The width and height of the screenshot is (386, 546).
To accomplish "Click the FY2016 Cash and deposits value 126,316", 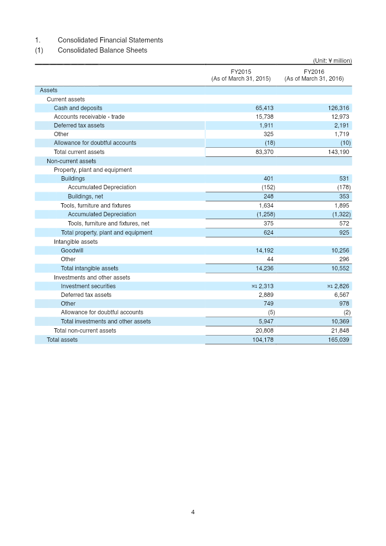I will click(338, 108).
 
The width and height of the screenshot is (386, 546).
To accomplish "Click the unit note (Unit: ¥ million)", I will click(332, 61).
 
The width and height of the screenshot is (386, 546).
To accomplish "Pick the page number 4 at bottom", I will click(193, 512).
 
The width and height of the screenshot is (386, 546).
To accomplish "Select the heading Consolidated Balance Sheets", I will click(102, 50).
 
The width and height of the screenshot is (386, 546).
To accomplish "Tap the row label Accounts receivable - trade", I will click(89, 117).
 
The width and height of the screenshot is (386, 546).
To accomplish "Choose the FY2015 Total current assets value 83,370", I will click(264, 152).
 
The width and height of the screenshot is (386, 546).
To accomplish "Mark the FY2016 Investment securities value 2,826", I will click(342, 286).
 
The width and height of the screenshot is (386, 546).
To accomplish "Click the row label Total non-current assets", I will click(85, 331).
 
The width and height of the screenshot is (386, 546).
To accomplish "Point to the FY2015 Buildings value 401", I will click(268, 179).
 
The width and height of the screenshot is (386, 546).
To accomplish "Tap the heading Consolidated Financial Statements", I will click(110, 40).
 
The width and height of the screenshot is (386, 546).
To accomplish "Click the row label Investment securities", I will click(88, 286).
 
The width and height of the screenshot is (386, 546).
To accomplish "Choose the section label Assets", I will click(48, 90).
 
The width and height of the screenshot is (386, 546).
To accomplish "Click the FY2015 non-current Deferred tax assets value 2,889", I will click(266, 295).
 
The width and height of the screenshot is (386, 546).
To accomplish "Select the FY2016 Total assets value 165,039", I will click(338, 340).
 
